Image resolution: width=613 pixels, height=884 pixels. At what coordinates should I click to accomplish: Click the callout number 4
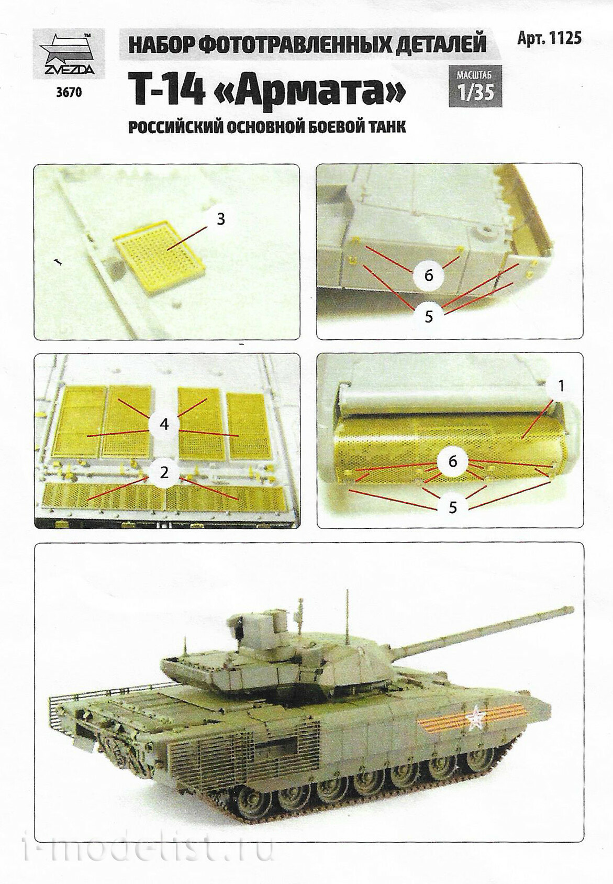164,425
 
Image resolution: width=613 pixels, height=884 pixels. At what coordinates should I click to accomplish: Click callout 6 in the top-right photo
429,275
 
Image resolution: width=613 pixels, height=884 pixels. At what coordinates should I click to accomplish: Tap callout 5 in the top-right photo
429,317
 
